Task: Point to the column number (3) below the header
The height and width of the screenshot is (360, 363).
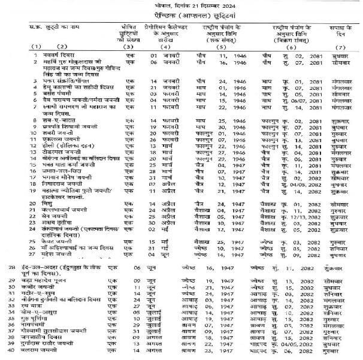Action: click(x=127, y=47)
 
